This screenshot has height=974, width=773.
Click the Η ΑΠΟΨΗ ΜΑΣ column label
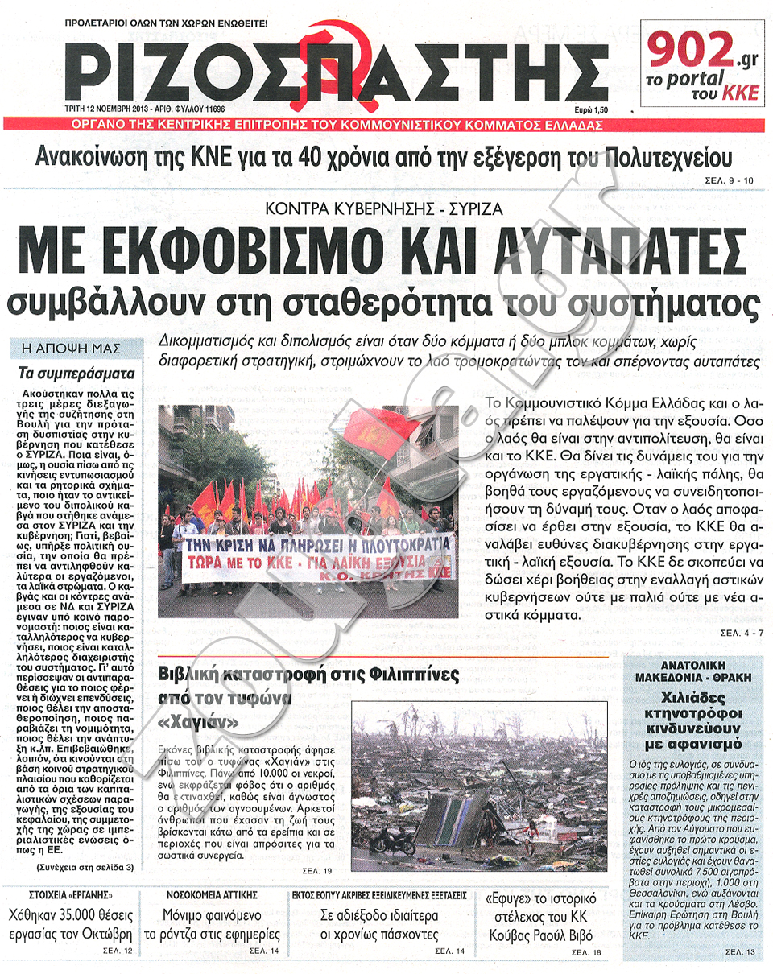[x=72, y=349]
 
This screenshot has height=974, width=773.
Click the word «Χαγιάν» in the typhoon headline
[x=198, y=723]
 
